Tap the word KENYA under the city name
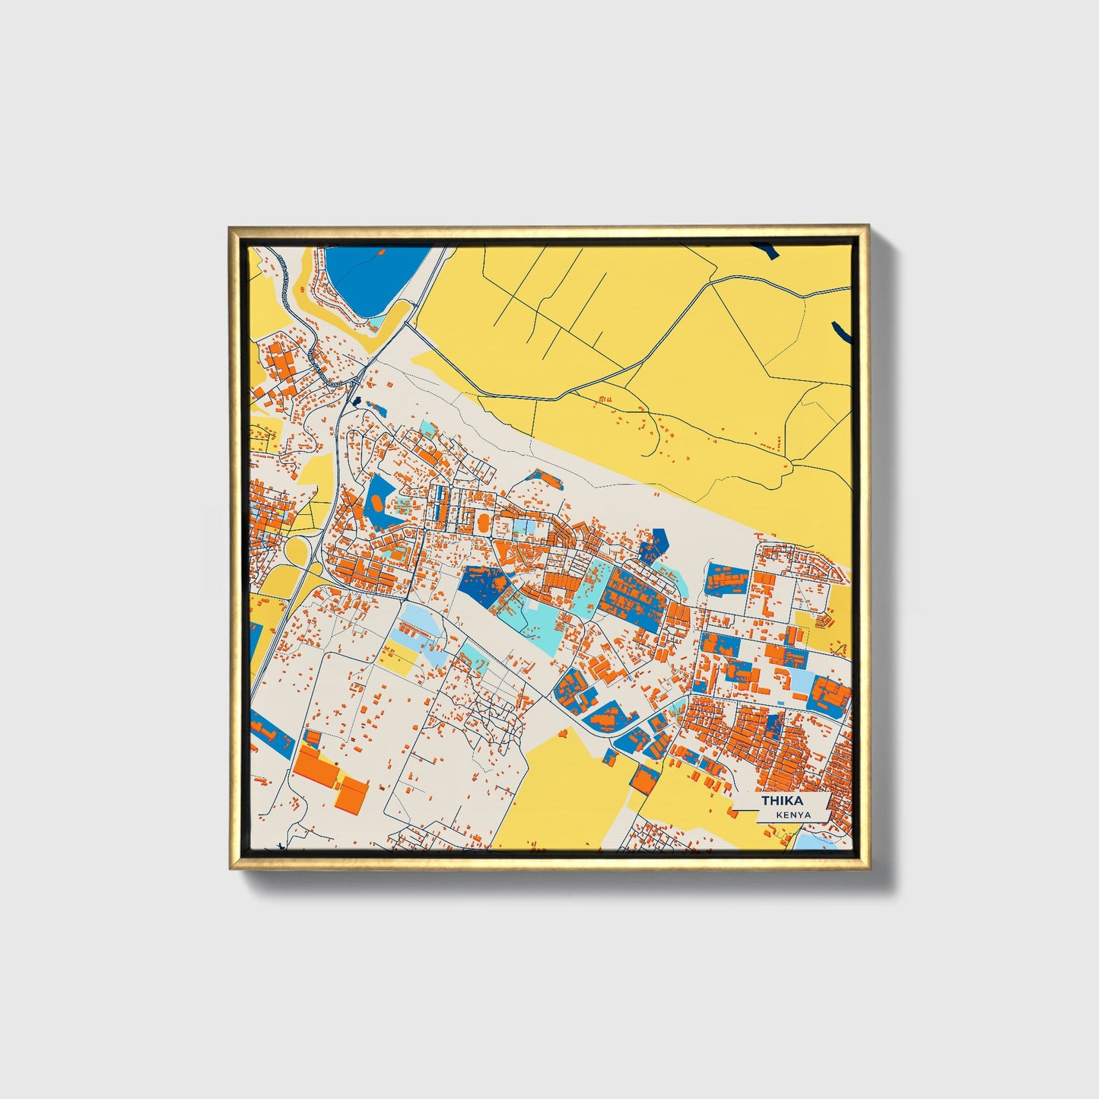(x=793, y=815)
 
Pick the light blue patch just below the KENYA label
(x=815, y=840)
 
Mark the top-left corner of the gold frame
(x=231, y=227)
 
